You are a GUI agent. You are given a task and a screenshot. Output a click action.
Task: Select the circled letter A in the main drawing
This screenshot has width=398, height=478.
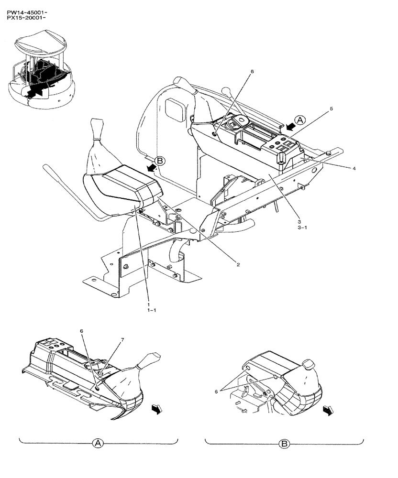pyautogui.click(x=299, y=120)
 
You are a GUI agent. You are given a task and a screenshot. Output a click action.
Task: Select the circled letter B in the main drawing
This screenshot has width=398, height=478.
pyautogui.click(x=160, y=161)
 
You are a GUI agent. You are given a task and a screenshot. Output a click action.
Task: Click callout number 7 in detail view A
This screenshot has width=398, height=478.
pyautogui.click(x=122, y=340)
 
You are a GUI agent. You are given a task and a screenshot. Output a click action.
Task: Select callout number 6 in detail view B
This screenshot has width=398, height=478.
pyautogui.click(x=216, y=391)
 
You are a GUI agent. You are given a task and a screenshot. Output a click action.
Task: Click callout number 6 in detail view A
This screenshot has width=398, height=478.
pyautogui.click(x=81, y=331)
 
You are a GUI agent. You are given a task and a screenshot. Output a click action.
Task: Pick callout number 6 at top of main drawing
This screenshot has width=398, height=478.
pyautogui.click(x=252, y=72)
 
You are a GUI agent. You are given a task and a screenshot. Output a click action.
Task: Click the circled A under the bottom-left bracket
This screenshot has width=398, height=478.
pyautogui.click(x=98, y=444)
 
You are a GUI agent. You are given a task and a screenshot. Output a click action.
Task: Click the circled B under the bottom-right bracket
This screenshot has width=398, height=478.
pyautogui.click(x=284, y=444)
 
